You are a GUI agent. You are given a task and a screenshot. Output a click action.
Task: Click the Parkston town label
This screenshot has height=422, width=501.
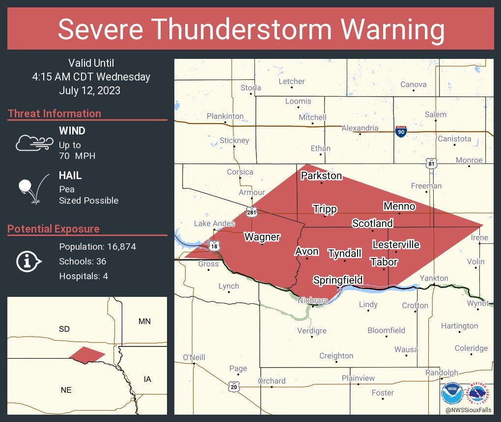321,176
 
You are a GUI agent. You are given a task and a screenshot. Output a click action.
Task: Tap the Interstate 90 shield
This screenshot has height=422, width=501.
401,131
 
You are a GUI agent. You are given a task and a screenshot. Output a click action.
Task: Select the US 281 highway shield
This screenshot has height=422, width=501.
251,211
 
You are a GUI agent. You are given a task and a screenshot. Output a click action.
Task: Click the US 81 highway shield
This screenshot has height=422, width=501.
431,163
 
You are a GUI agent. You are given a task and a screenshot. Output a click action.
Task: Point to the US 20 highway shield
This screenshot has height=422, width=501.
234,387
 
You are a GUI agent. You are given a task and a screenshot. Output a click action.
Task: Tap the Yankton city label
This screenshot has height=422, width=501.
434,278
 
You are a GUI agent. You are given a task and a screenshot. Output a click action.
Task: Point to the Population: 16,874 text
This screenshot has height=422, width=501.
97,247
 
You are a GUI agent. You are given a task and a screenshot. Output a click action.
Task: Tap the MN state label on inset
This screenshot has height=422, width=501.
144,321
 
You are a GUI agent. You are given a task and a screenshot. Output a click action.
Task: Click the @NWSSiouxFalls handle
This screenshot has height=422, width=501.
469,410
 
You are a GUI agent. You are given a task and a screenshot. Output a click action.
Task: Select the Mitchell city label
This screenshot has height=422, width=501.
312,117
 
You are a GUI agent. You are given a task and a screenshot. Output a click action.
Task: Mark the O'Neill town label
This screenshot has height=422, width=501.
194,357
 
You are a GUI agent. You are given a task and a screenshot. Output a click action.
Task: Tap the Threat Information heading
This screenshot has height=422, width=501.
55,113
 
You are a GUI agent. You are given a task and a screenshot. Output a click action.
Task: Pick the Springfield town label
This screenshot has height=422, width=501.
338,280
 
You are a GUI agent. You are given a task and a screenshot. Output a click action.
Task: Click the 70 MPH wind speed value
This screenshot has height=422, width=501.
77,156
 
